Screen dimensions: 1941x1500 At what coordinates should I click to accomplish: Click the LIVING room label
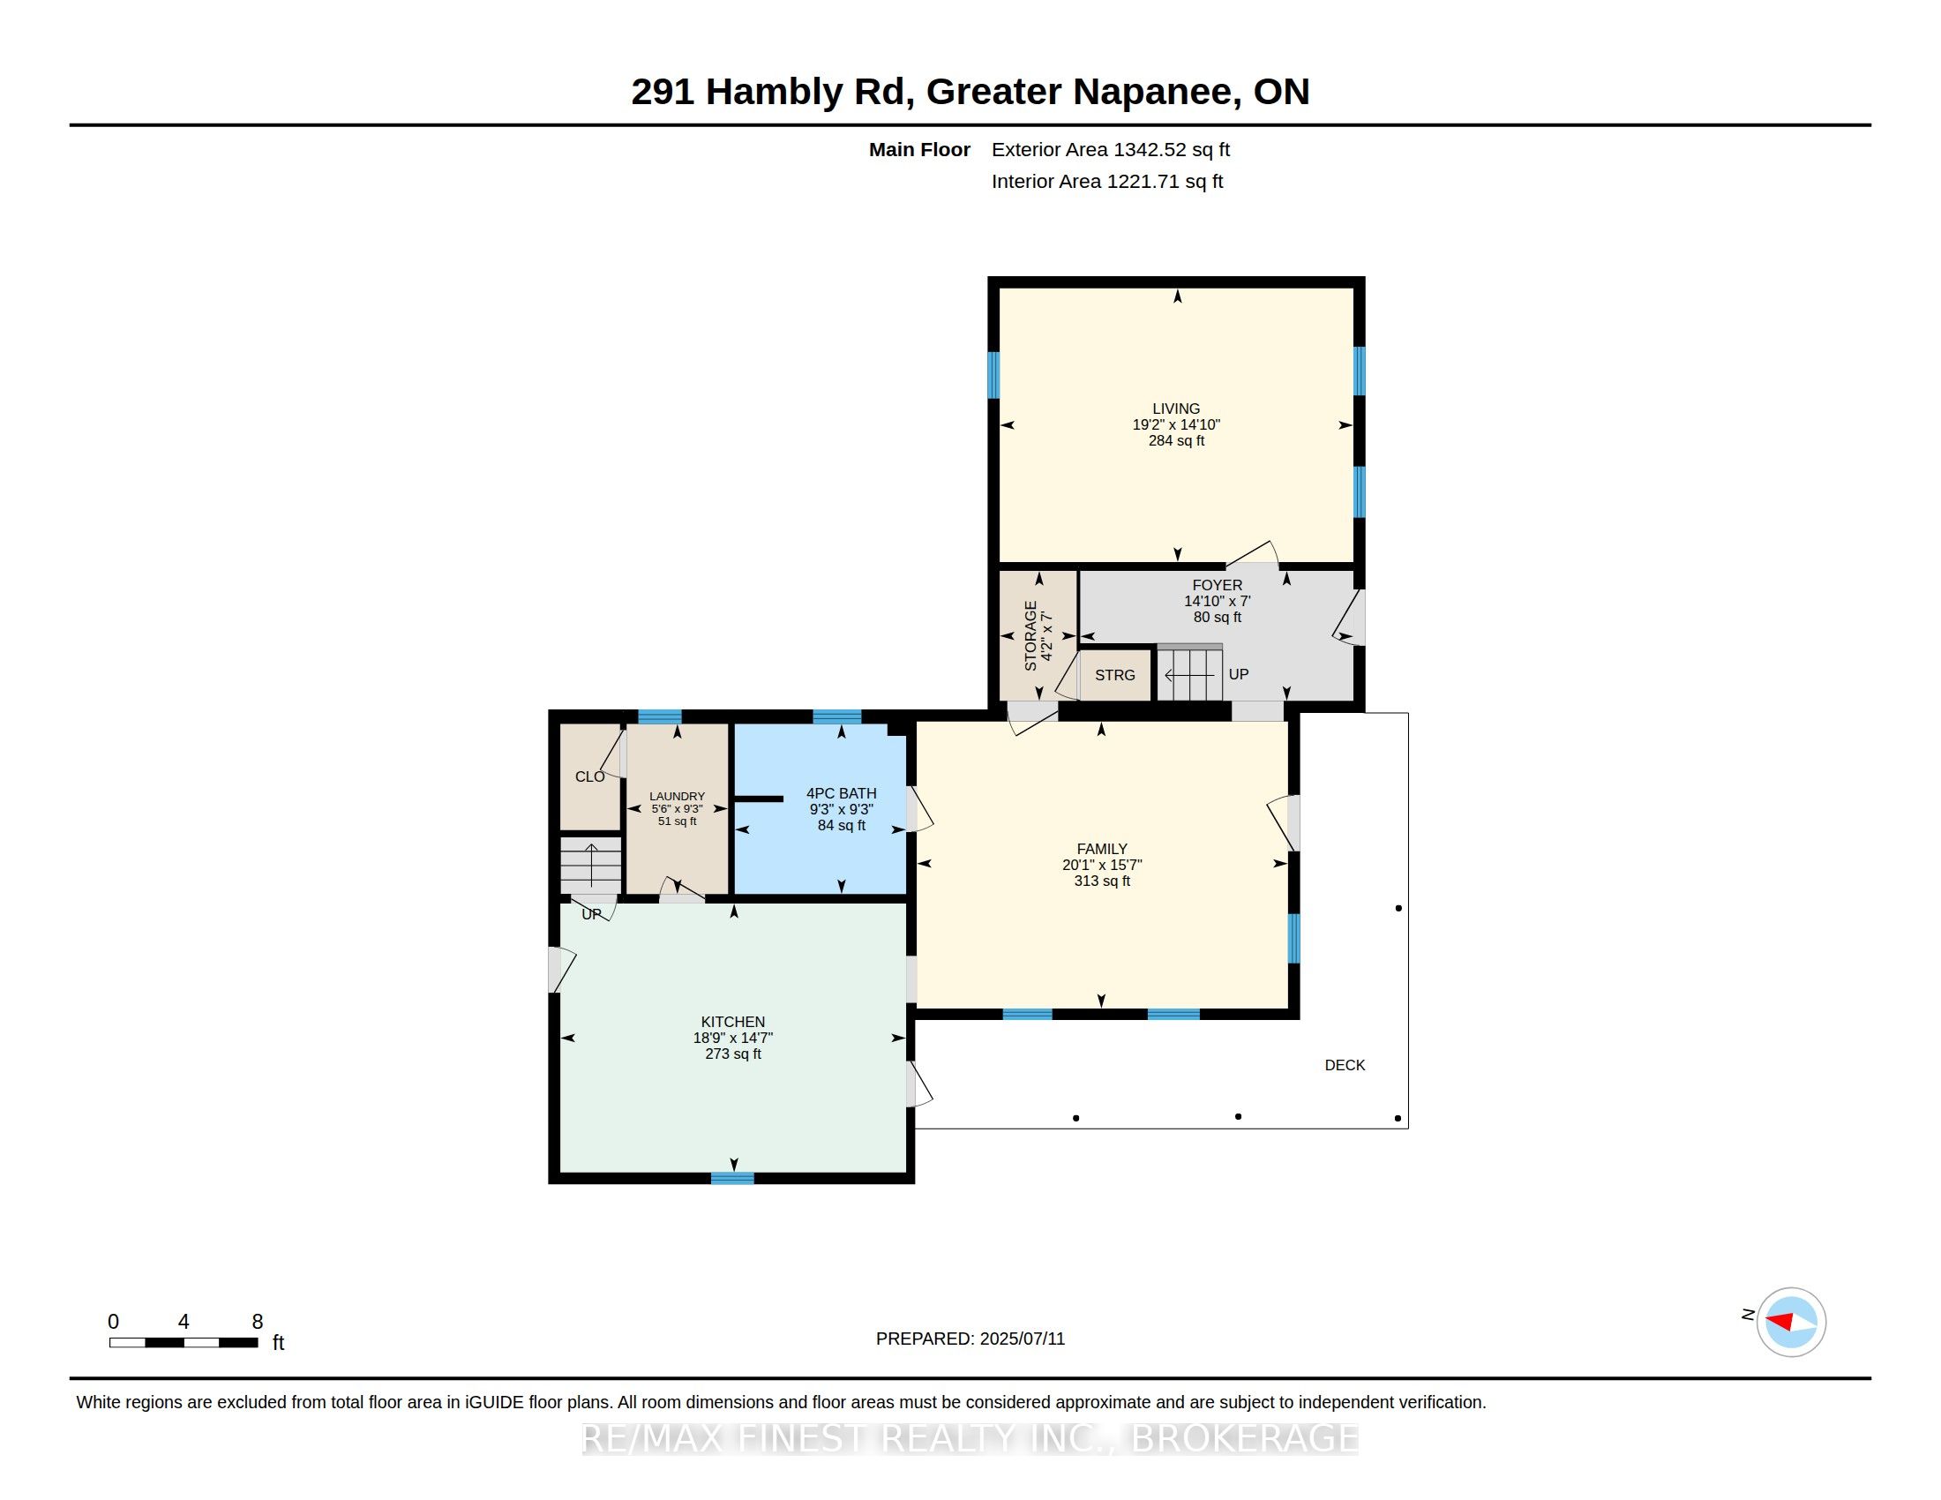[1176, 409]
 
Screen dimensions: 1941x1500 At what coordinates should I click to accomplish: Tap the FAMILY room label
[1102, 849]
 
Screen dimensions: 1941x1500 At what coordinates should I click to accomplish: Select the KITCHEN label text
[733, 1022]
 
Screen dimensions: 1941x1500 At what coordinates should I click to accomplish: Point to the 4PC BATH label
[842, 793]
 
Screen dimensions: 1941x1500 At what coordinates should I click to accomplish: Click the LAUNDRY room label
[678, 796]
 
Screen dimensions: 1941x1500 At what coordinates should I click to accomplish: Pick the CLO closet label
[590, 776]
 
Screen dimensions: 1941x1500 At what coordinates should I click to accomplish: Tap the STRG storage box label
[1115, 675]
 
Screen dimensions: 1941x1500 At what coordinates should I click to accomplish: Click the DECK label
[1345, 1065]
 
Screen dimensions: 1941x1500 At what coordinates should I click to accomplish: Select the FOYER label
[1218, 586]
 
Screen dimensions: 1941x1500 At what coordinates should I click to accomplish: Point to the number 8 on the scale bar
[258, 1322]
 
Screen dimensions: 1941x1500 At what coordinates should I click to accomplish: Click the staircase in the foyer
[1190, 671]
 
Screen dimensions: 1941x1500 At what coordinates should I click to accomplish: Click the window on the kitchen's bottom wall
[732, 1178]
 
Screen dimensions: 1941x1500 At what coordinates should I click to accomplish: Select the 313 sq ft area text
[1102, 881]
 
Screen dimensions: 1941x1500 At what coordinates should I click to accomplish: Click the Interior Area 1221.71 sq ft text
[1107, 181]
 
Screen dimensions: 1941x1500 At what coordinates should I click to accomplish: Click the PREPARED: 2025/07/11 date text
[970, 1339]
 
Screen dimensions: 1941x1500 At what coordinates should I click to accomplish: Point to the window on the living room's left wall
[993, 375]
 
